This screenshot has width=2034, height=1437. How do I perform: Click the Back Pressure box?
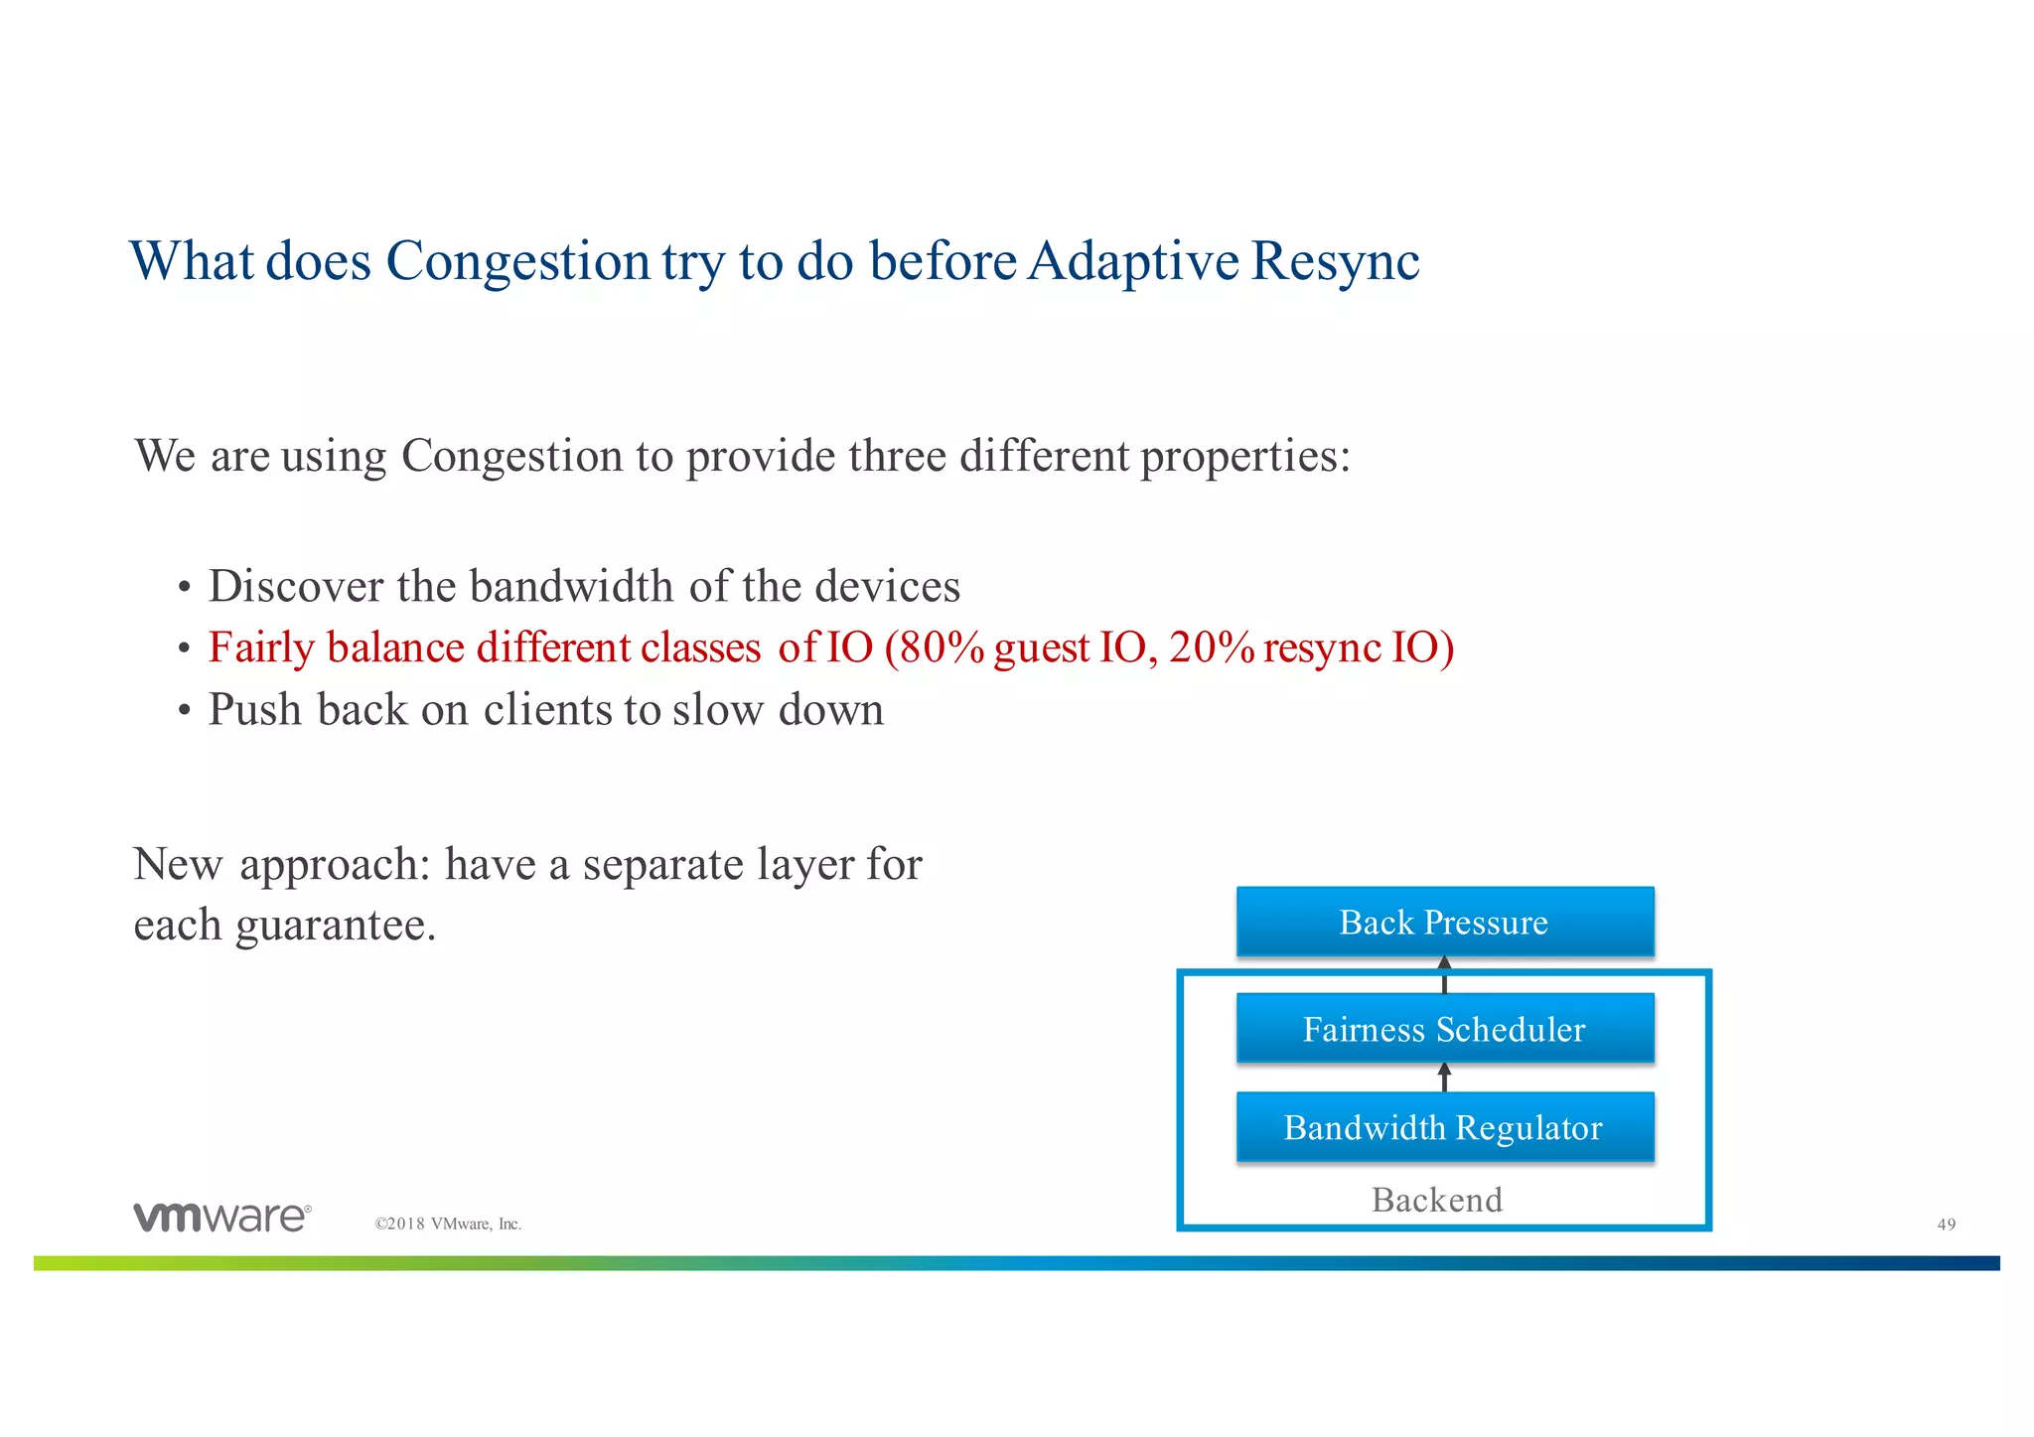coord(1444,922)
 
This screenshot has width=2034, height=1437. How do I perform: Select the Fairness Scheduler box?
coord(1444,1029)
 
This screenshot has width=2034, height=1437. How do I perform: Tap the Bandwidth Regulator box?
coord(1444,1127)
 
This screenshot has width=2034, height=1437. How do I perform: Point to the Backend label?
coord(1436,1200)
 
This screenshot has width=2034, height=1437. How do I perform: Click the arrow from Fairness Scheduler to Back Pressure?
coord(1444,975)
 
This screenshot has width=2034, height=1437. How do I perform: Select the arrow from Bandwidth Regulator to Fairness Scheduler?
coord(1444,1078)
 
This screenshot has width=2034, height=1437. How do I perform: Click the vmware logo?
coord(221,1217)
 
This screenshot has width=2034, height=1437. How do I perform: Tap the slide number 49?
coord(1946,1224)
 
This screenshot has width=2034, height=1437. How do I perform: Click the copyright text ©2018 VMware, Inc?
coord(448,1224)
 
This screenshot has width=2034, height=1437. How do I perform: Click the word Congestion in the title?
coord(517,262)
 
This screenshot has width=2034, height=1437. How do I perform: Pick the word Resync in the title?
coord(1335,262)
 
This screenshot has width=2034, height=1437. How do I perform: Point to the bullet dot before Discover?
coord(184,589)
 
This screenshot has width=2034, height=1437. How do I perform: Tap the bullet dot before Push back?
coord(184,712)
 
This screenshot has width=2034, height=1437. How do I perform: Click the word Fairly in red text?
coord(261,648)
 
